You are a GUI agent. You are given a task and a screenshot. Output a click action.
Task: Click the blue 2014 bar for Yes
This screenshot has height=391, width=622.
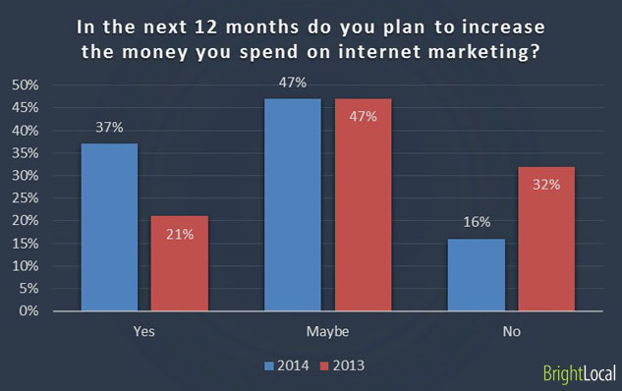(x=109, y=227)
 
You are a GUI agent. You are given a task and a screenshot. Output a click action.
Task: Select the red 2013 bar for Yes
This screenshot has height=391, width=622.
(x=180, y=263)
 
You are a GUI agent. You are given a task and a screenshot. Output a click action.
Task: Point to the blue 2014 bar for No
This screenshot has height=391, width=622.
(x=476, y=274)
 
